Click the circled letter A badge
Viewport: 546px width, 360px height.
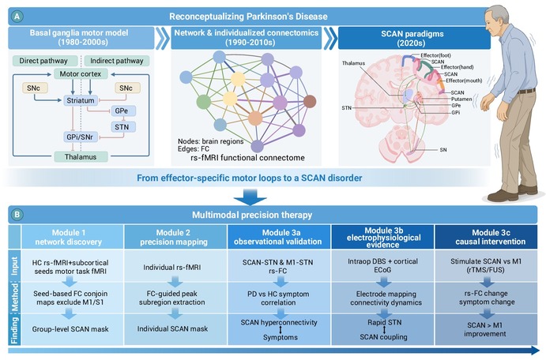pos(17,16)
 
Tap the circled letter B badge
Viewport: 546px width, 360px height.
pos(17,214)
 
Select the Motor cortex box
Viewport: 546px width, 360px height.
pos(81,73)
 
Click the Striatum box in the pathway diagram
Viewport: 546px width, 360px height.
pos(81,100)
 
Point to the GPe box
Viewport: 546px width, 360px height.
pos(122,111)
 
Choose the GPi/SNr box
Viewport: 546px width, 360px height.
pos(80,137)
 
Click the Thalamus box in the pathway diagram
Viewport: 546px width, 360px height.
pos(81,157)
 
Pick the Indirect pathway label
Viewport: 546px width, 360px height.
pos(117,61)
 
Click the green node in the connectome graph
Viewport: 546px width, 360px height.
pos(203,102)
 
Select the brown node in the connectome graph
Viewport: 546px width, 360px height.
pos(310,102)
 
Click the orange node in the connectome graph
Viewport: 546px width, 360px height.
pos(255,118)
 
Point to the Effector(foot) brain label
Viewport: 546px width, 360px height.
pos(435,55)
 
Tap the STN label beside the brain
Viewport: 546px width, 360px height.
pos(346,108)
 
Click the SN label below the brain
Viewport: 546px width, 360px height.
pos(443,150)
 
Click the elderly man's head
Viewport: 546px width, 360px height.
pos(498,21)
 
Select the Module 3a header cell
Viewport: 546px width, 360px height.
pos(279,237)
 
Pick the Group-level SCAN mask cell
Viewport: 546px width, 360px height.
pos(70,329)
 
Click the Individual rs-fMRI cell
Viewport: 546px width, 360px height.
pos(172,268)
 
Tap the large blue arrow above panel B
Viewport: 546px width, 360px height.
pos(250,197)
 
